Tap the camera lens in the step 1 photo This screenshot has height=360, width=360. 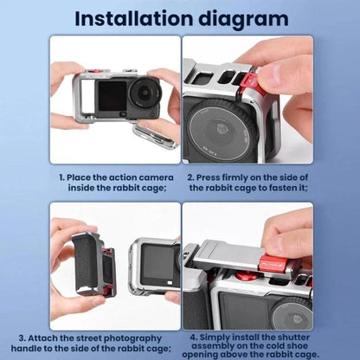pyautogui.click(x=144, y=92)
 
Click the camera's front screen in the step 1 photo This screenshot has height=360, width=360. pyautogui.click(x=112, y=96)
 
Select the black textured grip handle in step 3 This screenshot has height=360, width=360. pyautogui.click(x=87, y=261)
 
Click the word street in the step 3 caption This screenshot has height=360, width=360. pyautogui.click(x=88, y=338)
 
